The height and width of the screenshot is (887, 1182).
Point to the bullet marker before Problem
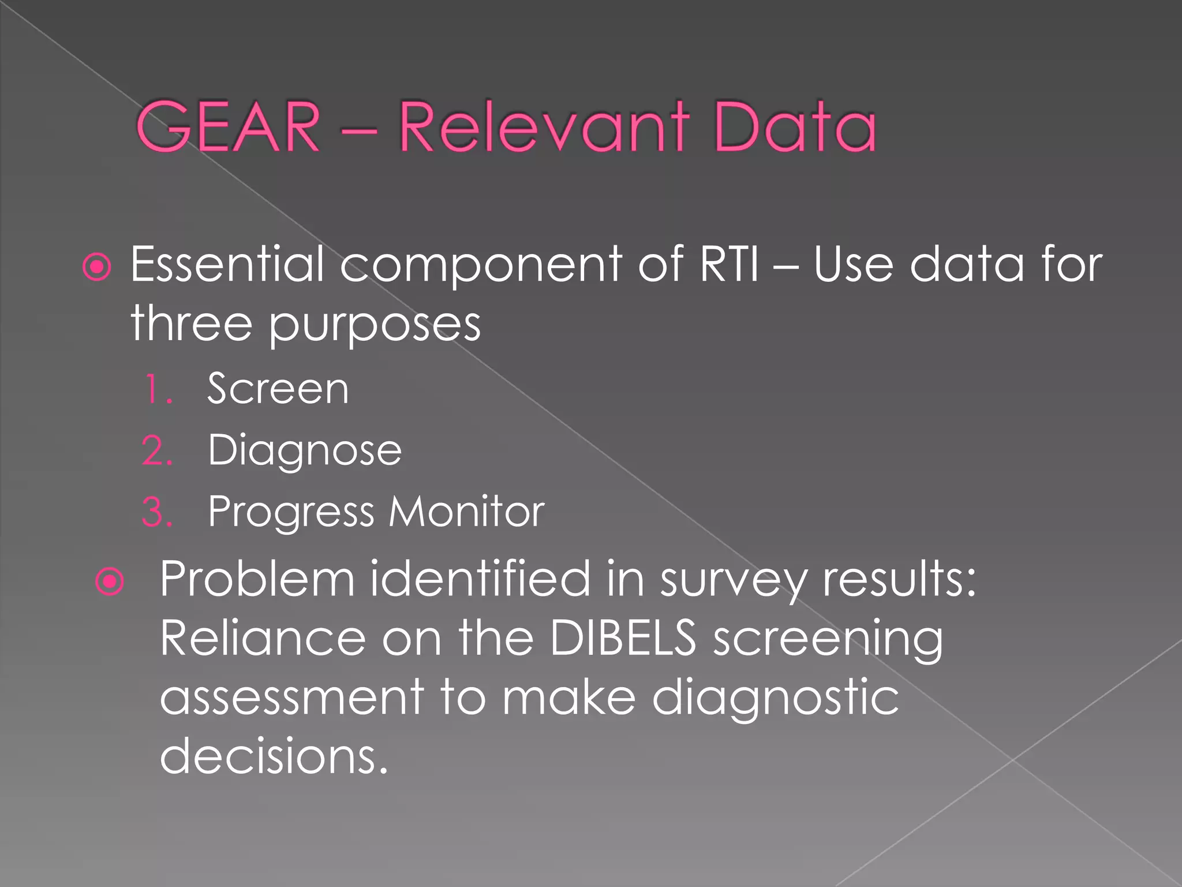click(110, 581)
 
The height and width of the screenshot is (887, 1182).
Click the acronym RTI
click(729, 264)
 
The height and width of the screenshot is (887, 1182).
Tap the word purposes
click(375, 325)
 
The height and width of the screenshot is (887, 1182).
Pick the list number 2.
click(157, 450)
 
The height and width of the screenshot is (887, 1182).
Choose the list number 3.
click(157, 512)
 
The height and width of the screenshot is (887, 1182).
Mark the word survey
click(734, 580)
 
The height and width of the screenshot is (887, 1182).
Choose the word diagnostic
click(775, 698)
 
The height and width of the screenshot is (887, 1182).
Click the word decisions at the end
click(274, 756)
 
